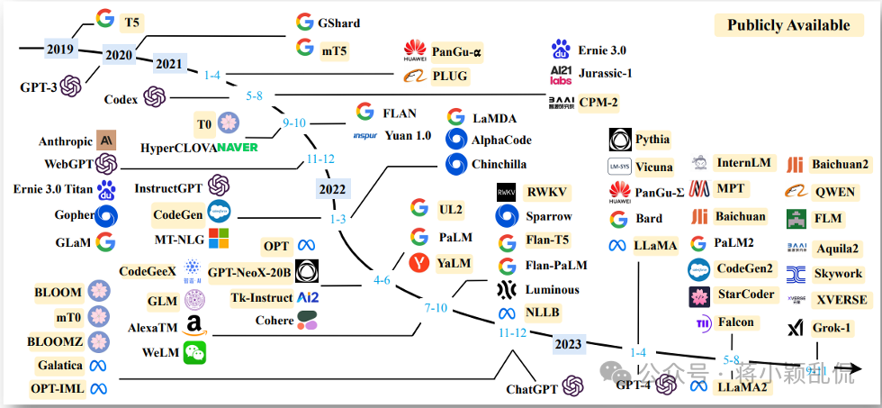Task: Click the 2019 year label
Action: (x=60, y=49)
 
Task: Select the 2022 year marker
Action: (x=332, y=189)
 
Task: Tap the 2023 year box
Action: (x=568, y=344)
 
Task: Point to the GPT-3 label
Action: (x=39, y=86)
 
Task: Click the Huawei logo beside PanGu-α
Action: (x=414, y=50)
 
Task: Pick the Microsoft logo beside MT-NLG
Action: (x=219, y=238)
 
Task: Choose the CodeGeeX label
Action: (x=146, y=270)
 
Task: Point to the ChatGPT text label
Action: (x=532, y=389)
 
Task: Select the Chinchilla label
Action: (x=499, y=164)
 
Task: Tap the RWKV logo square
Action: (x=508, y=193)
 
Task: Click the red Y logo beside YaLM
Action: (x=418, y=263)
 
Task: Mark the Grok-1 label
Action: (x=832, y=328)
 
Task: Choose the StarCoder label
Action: (x=745, y=295)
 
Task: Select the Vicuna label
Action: (x=652, y=167)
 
